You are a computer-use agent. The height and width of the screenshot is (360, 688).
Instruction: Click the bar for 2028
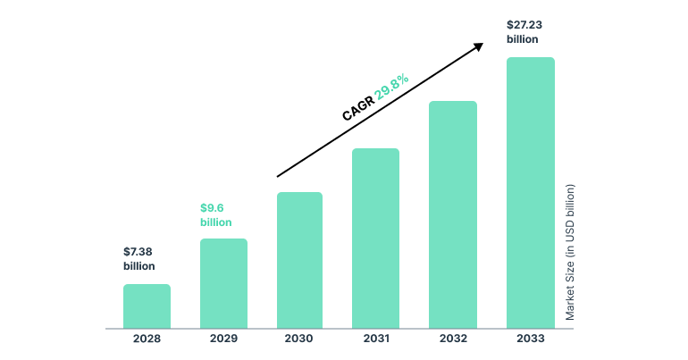point(147,306)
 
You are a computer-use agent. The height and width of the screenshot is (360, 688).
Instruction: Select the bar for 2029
point(223,283)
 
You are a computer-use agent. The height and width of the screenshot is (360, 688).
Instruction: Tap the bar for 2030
point(299,260)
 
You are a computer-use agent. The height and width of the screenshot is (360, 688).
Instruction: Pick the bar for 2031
point(375,238)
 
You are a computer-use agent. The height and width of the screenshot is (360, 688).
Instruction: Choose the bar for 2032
point(453,214)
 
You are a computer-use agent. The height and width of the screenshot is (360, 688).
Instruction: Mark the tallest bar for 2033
point(530,192)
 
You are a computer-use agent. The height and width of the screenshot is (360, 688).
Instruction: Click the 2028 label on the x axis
point(147,339)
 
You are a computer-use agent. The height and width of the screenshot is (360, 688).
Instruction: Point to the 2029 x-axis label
point(223,339)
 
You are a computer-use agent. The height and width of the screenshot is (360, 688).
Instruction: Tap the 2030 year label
point(299,339)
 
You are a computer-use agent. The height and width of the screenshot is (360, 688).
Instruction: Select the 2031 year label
point(375,339)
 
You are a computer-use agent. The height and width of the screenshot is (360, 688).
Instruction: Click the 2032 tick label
point(453,339)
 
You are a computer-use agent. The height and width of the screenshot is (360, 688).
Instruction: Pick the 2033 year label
point(530,339)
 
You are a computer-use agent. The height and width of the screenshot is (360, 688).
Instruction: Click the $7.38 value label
point(138,251)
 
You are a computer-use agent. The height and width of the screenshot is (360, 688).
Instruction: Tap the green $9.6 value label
point(212,207)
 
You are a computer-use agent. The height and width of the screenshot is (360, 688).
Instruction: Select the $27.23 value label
point(524,25)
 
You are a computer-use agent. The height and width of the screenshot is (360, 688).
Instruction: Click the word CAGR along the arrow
point(358,110)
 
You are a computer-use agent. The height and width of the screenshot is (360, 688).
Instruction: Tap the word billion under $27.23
point(523,40)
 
